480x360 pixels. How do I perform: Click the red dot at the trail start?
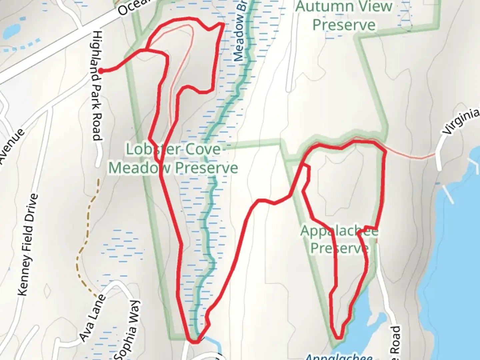[x=100, y=70]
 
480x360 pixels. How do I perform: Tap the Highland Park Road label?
[x=97, y=86]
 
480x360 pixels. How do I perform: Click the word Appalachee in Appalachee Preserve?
[x=339, y=231]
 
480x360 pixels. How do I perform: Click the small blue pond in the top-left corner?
[x=11, y=31]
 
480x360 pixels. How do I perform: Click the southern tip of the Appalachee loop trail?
[x=339, y=338]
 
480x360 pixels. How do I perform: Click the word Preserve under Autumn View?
[x=344, y=25]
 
